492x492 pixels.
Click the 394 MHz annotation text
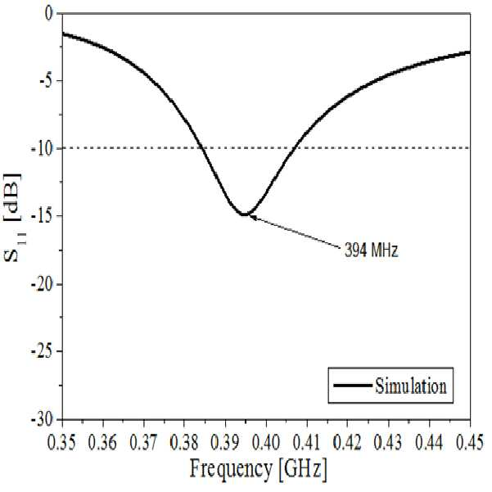pyautogui.click(x=371, y=251)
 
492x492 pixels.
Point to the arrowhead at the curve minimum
pyautogui.click(x=252, y=216)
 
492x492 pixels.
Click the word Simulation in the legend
pyautogui.click(x=411, y=386)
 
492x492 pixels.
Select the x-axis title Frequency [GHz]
pyautogui.click(x=258, y=469)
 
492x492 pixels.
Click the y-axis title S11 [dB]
pyautogui.click(x=13, y=217)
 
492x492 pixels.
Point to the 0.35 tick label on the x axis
pyautogui.click(x=61, y=443)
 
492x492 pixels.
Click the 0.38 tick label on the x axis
pyautogui.click(x=184, y=443)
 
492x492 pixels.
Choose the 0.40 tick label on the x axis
pyautogui.click(x=266, y=443)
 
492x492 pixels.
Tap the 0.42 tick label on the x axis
pyautogui.click(x=347, y=443)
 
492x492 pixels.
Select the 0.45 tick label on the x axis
pyautogui.click(x=470, y=443)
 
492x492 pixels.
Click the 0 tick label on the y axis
pyautogui.click(x=50, y=14)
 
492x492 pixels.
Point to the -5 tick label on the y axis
pyautogui.click(x=46, y=81)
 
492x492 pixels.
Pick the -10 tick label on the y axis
pyautogui.click(x=43, y=148)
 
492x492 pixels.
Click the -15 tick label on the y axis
pyautogui.click(x=43, y=216)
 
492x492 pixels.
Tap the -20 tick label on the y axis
pyautogui.click(x=43, y=284)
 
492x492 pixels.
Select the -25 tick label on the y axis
pyautogui.click(x=43, y=352)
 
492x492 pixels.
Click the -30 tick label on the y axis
pyautogui.click(x=43, y=419)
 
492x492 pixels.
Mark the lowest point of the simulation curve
pyautogui.click(x=244, y=214)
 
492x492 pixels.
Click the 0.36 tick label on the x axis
pyautogui.click(x=102, y=443)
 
